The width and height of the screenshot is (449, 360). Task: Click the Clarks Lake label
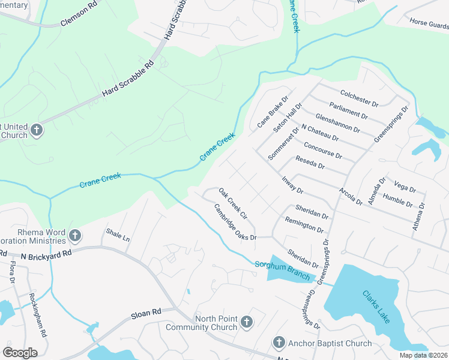point(376,305)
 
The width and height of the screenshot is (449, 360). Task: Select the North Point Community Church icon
point(246,323)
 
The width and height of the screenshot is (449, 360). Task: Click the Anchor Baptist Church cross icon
point(279,343)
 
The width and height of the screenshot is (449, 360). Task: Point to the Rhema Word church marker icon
point(75,235)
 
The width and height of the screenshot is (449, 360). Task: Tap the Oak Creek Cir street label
point(233,203)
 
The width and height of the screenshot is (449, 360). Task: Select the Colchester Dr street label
point(359,98)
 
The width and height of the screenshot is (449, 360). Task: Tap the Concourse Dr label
point(323,151)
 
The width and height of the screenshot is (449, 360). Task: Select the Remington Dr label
point(305,226)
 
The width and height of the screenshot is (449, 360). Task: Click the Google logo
point(20,352)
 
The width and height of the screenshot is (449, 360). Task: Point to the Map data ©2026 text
point(423,355)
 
